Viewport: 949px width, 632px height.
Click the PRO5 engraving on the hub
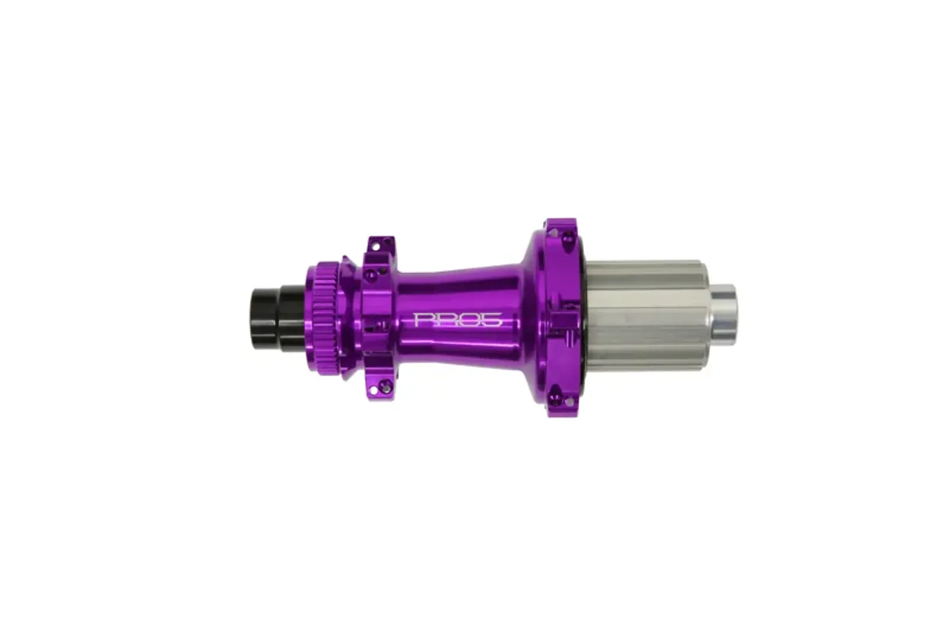[x=458, y=319]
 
